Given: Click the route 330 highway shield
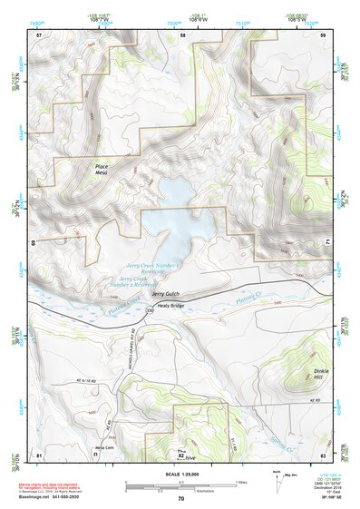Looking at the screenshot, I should coord(149,311).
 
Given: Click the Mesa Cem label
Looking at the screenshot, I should coord(105,446).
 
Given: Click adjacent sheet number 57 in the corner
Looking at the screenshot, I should coord(39,34).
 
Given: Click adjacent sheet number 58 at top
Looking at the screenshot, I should coord(182,34).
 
